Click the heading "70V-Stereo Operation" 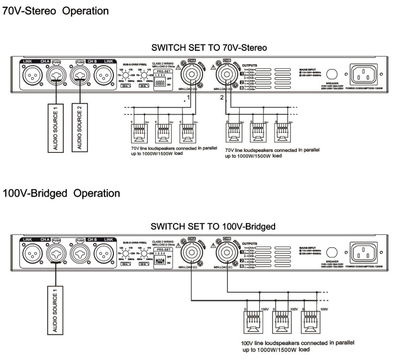tap(56, 10)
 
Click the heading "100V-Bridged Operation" tap(61, 193)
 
